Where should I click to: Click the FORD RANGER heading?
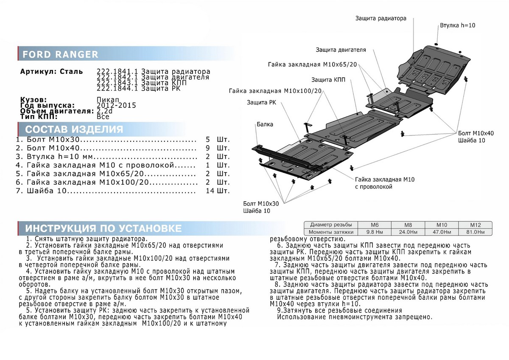click(x=60, y=55)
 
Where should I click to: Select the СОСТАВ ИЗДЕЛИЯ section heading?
click(x=74, y=129)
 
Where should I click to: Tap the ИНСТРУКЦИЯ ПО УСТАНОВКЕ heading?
click(x=103, y=228)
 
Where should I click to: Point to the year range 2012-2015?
click(x=116, y=105)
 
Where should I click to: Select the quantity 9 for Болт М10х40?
click(x=207, y=148)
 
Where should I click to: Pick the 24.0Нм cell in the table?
click(x=401, y=232)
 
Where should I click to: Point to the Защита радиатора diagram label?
click(x=380, y=18)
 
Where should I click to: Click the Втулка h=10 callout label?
click(x=457, y=25)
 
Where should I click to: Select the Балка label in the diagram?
click(x=265, y=124)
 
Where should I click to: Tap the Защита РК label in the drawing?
click(x=261, y=103)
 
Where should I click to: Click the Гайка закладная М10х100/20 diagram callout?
click(x=275, y=91)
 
